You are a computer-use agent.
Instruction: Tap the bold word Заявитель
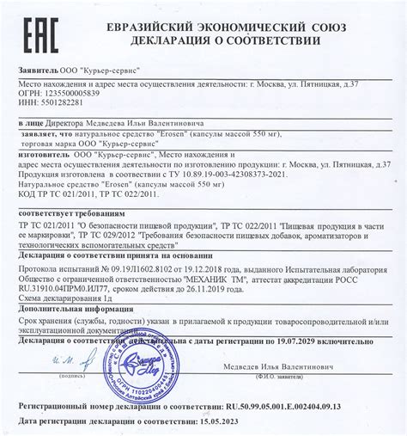pyautogui.click(x=38, y=66)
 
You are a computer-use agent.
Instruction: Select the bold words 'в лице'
pyautogui.click(x=33, y=125)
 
